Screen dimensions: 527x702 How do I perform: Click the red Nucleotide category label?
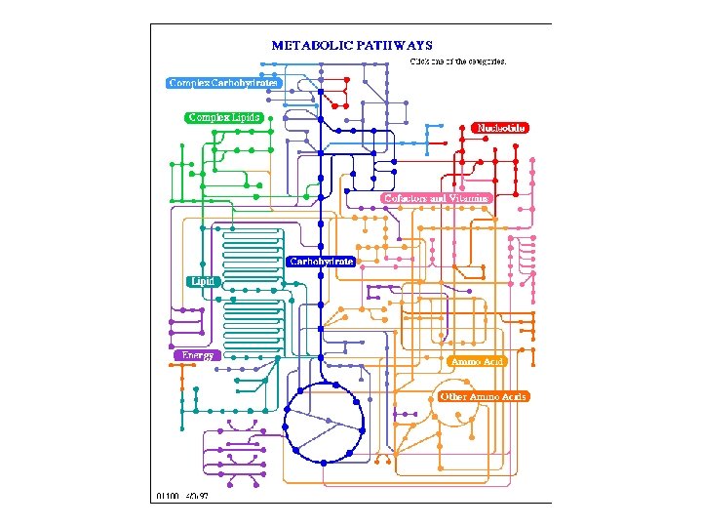pos(500,128)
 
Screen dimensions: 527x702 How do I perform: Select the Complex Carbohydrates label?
pos(223,83)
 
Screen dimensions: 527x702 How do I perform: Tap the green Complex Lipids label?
pos(223,117)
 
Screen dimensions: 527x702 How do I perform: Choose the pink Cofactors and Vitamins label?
pos(435,198)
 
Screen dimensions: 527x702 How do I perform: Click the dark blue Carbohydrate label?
pos(321,262)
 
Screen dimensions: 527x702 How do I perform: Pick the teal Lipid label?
pos(203,281)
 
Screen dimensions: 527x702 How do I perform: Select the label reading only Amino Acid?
pos(476,362)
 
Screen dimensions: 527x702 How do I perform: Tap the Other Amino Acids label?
pos(483,397)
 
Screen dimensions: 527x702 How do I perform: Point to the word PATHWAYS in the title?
pos(397,45)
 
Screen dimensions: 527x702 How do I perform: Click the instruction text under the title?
pos(458,61)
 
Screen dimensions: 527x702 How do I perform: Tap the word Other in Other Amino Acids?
pos(453,397)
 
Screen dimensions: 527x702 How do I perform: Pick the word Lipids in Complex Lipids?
pos(245,117)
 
